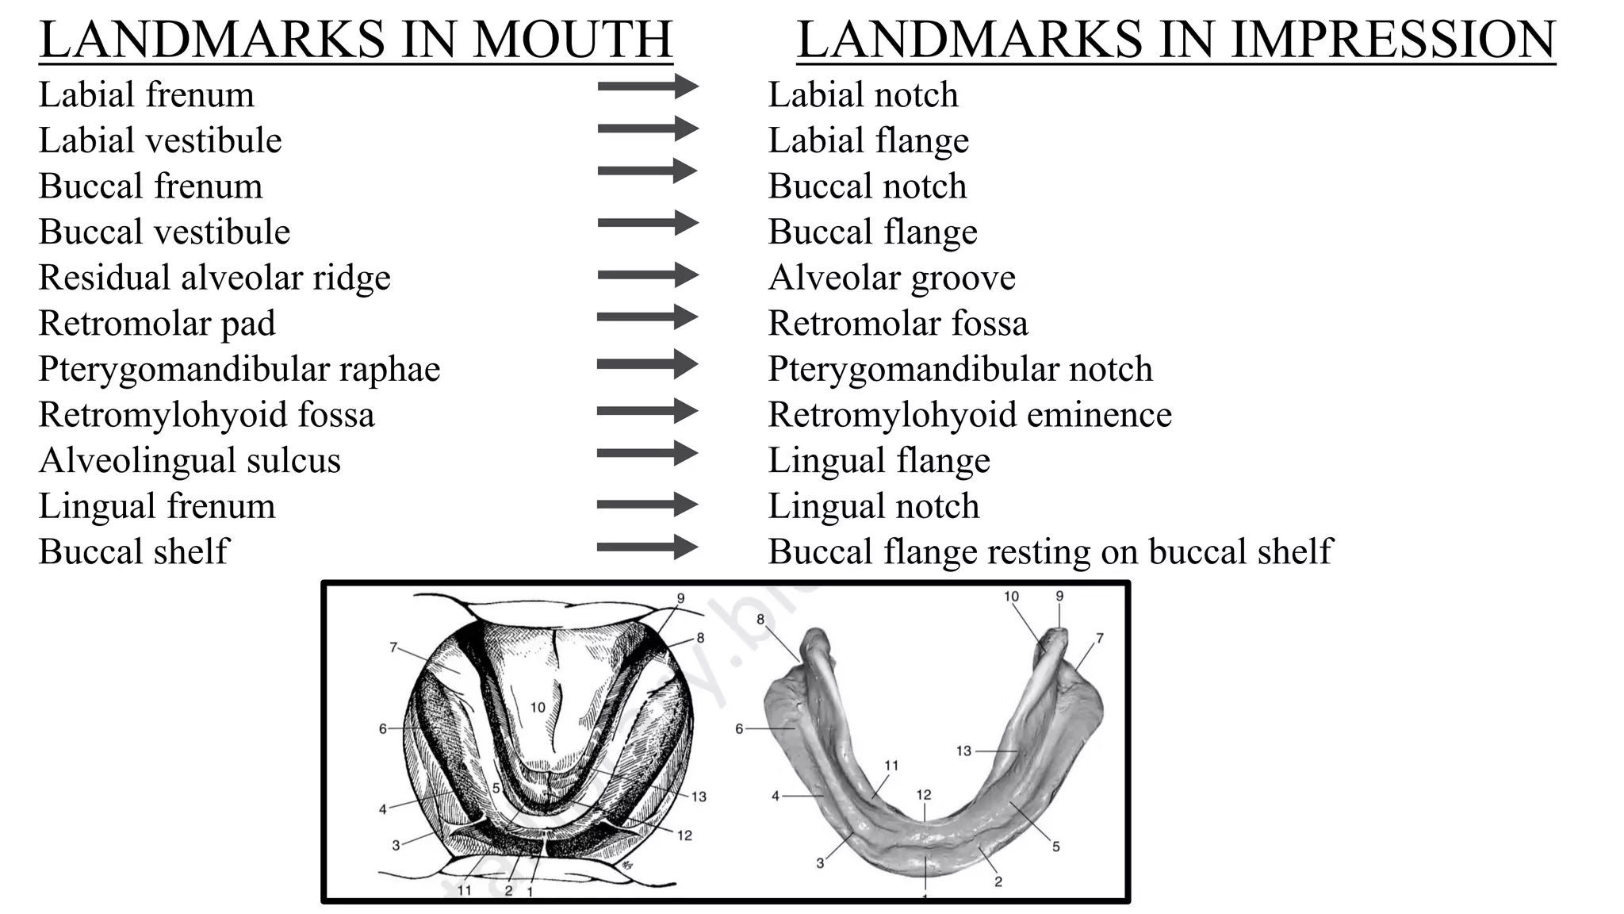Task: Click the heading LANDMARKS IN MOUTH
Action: tap(356, 40)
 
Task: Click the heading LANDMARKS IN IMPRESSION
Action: tap(1176, 40)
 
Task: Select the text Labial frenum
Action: tap(146, 95)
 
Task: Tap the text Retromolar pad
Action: tap(157, 324)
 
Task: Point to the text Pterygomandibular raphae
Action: tap(239, 370)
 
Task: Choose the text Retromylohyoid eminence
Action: tap(969, 415)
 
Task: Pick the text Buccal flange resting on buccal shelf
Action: tap(1050, 552)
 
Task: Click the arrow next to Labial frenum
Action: tap(647, 86)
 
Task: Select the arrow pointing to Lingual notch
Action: tap(647, 505)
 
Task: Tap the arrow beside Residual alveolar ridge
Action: tap(647, 276)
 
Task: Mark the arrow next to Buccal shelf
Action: tap(647, 547)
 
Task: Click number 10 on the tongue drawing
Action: tap(538, 707)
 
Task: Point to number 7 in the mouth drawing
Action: tap(393, 647)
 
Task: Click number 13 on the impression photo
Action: tap(963, 751)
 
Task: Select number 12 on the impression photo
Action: tap(924, 795)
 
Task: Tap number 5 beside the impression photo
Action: tap(1056, 847)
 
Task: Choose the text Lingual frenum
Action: tap(157, 507)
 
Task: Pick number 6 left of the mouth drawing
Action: tap(383, 728)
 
